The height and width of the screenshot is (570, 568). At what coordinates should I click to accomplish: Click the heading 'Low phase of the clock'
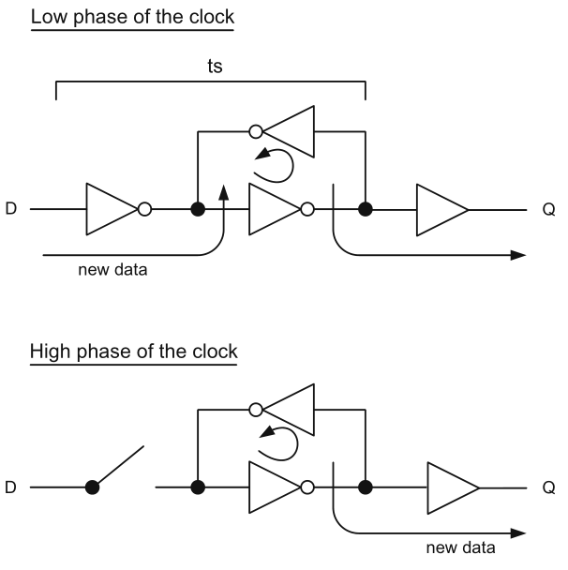point(131,18)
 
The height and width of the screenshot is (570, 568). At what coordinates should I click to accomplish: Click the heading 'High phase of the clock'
point(134,352)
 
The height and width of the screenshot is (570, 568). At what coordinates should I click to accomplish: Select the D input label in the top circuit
point(11,208)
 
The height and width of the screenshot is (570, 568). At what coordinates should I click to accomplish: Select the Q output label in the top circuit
point(548,208)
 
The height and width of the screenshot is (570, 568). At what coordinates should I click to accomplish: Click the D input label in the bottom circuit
point(11,487)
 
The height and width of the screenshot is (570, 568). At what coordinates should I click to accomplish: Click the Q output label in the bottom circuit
point(548,487)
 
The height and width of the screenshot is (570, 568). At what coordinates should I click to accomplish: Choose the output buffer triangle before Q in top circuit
point(441,208)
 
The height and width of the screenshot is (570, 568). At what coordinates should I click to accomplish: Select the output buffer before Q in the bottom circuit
point(452,487)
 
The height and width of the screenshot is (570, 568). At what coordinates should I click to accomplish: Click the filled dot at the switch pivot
point(92,487)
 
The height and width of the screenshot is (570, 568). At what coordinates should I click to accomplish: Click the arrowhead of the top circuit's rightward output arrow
point(516,254)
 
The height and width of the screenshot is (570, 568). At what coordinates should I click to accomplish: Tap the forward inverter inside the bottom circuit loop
point(276,487)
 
